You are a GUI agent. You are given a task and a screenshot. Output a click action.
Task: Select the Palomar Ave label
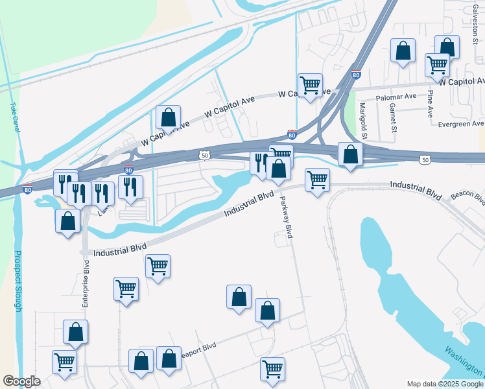coord(401,97)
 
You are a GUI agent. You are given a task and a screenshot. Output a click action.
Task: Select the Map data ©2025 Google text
coord(444,384)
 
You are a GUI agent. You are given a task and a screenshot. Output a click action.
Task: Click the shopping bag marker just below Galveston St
coord(447,47)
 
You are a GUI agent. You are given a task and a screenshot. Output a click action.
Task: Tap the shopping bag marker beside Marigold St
coord(350,154)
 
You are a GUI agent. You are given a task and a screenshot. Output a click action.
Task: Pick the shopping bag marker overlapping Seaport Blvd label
coord(169,358)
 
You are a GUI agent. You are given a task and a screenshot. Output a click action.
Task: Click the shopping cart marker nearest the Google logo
coord(64,361)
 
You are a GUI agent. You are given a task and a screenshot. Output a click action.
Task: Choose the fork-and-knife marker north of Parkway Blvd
coord(260,162)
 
